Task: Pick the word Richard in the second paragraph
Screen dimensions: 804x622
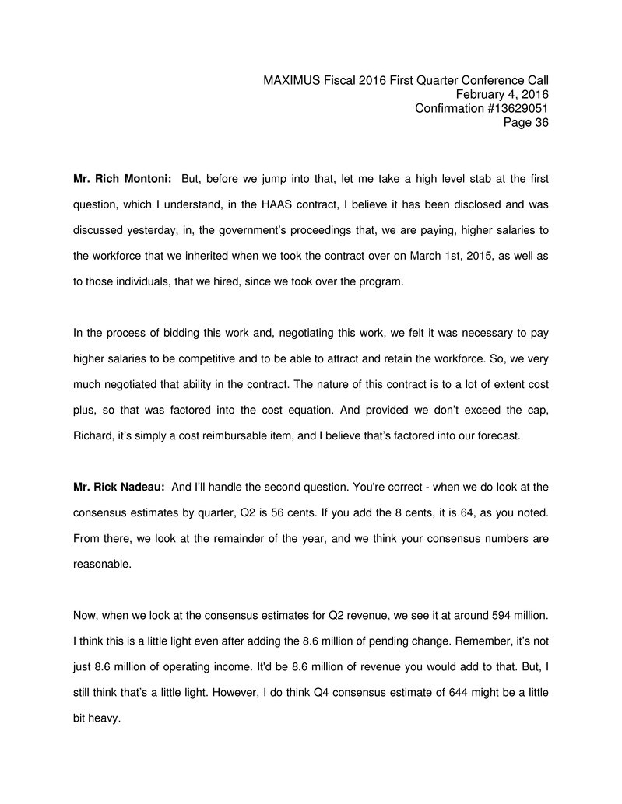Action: click(94, 435)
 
